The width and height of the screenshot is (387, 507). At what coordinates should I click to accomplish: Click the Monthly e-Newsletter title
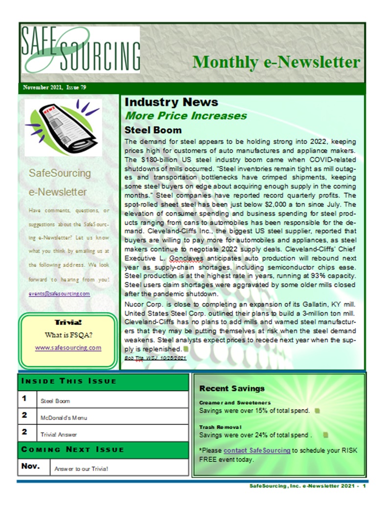tap(276, 62)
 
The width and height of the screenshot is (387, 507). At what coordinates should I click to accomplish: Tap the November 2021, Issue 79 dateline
tap(55, 88)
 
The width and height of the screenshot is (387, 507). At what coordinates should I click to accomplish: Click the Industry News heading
tap(171, 102)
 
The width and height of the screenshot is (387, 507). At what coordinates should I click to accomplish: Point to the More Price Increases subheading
tap(186, 116)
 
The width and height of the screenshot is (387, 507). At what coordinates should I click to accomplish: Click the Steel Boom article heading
tap(153, 130)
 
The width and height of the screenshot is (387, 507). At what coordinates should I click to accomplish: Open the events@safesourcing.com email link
tap(60, 294)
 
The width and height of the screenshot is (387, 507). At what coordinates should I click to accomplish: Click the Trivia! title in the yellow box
tap(68, 322)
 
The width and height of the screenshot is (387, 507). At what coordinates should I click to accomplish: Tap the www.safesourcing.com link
tap(68, 347)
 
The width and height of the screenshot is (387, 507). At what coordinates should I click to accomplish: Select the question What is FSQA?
tap(68, 335)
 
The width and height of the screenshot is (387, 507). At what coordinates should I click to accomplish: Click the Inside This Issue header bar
tap(103, 381)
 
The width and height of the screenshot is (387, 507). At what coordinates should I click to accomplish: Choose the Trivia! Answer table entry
tap(59, 434)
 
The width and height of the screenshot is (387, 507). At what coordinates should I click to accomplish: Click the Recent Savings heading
tap(232, 389)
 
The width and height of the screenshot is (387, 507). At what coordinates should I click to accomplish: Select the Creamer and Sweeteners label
tap(228, 403)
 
